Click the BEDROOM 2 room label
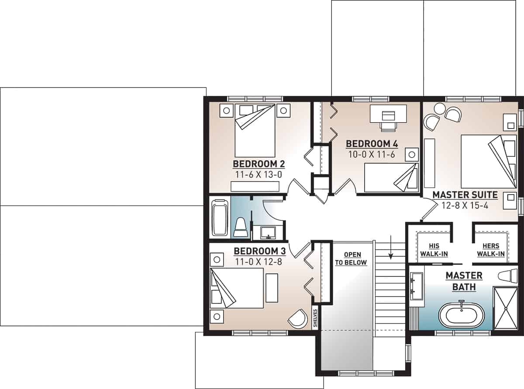click(x=259, y=164)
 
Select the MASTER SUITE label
click(x=465, y=194)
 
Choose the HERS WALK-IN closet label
click(x=490, y=250)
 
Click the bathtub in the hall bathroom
click(x=220, y=217)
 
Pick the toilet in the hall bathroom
click(x=241, y=227)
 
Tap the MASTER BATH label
click(x=464, y=282)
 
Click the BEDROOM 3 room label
click(x=259, y=251)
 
